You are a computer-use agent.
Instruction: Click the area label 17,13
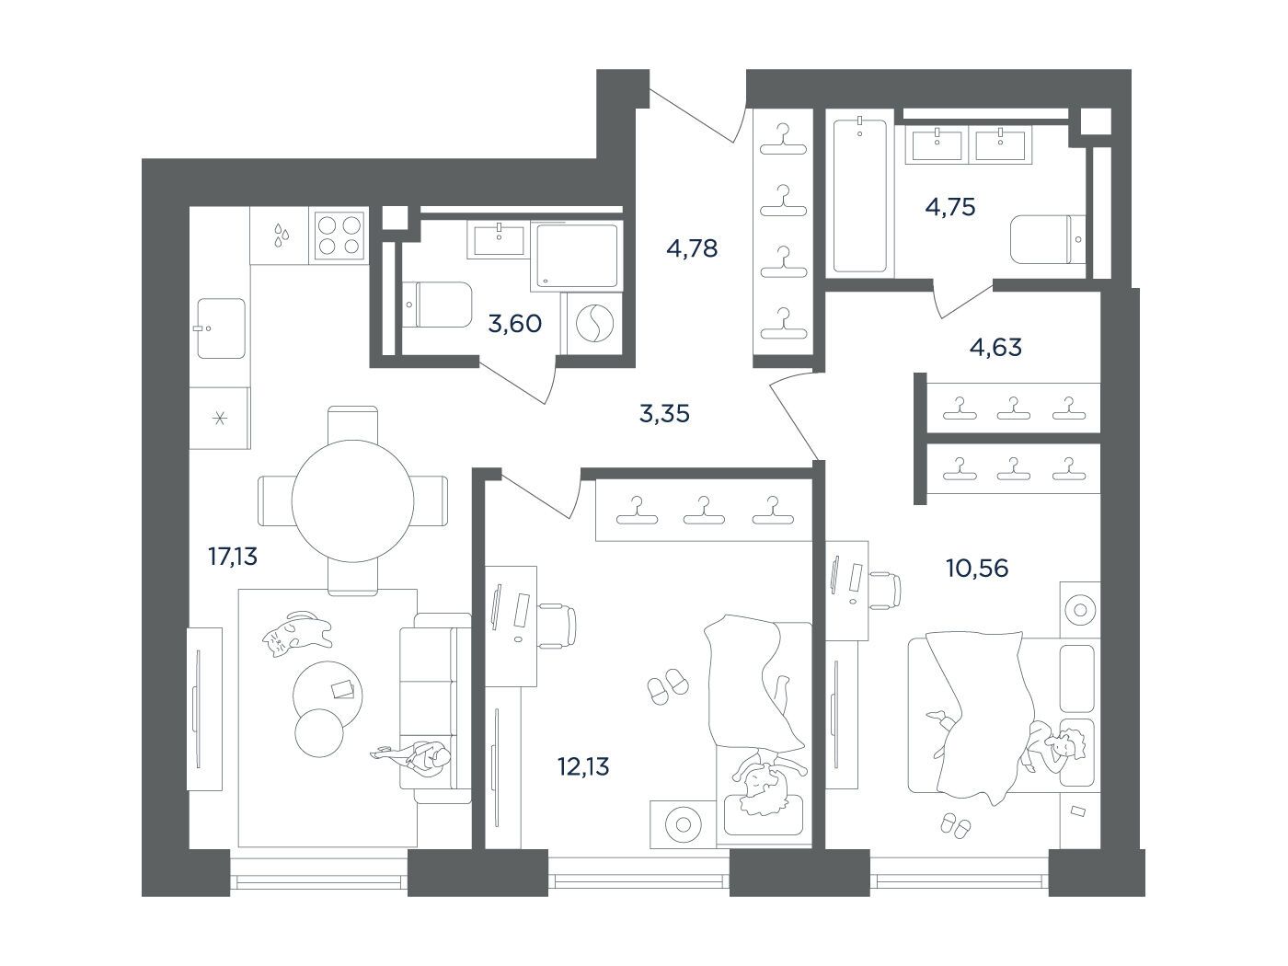tap(233, 556)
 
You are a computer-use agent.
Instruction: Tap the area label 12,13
tap(583, 766)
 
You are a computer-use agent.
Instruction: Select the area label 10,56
tap(977, 568)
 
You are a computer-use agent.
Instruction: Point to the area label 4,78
tap(692, 248)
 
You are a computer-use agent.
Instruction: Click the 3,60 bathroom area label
tap(514, 323)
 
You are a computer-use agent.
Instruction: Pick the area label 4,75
tap(950, 207)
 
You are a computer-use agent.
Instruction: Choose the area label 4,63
tap(995, 347)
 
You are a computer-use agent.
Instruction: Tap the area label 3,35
tap(664, 414)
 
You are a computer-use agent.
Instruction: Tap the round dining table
tap(352, 500)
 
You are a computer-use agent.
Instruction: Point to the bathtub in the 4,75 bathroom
tap(859, 195)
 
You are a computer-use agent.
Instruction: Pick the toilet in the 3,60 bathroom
tap(438, 305)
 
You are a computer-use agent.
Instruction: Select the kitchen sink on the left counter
tap(221, 328)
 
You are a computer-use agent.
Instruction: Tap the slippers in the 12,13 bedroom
tap(668, 685)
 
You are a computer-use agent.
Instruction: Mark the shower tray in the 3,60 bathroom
tap(576, 256)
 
